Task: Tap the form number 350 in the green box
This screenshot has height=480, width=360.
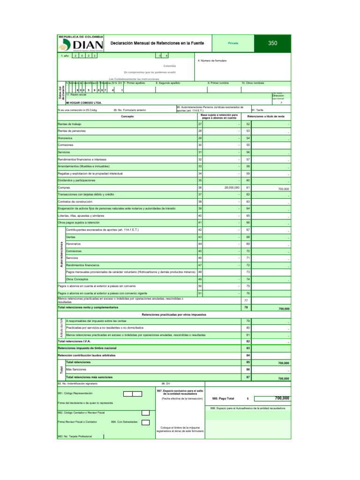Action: [x=273, y=43]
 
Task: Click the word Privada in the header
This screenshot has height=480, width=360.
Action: [x=233, y=43]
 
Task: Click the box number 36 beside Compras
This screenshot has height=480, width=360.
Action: [x=200, y=187]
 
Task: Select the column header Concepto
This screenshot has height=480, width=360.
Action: [x=127, y=116]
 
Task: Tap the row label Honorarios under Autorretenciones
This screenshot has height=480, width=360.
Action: [x=73, y=244]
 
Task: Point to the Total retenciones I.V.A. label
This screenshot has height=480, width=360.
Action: [x=74, y=342]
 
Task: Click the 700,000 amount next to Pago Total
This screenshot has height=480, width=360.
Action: [x=282, y=398]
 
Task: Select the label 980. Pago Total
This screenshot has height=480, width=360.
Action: [x=223, y=398]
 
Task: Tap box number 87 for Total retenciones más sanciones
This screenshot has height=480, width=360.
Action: [x=248, y=377]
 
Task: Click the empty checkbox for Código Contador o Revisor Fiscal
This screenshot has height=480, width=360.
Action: [x=145, y=412]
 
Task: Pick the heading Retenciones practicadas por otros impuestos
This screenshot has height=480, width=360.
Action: [x=174, y=314]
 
